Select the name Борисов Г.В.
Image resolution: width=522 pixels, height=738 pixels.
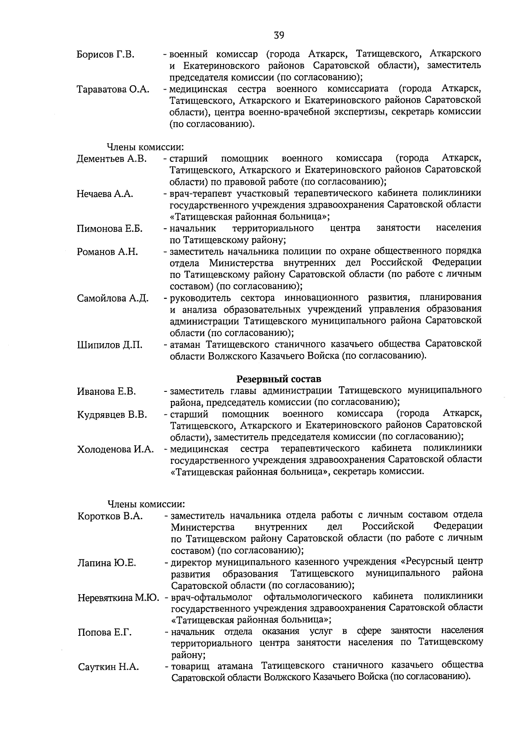pyautogui.click(x=105, y=55)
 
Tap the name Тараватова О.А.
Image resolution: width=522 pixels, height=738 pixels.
pyautogui.click(x=113, y=90)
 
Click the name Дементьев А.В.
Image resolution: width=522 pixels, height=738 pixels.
pyautogui.click(x=112, y=159)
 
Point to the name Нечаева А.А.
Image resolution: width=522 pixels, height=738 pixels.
pyautogui.click(x=105, y=194)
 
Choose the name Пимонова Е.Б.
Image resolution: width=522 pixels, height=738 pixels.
pyautogui.click(x=110, y=229)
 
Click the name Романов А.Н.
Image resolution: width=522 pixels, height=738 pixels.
pyautogui.click(x=107, y=252)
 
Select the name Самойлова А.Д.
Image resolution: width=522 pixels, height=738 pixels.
pyautogui.click(x=113, y=298)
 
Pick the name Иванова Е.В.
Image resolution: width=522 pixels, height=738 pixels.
pyautogui.click(x=107, y=391)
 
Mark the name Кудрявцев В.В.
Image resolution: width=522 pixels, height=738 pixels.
pyautogui.click(x=112, y=414)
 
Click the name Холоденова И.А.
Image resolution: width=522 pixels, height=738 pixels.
pyautogui.click(x=116, y=449)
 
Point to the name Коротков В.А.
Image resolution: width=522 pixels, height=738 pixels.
pyautogui.click(x=110, y=516)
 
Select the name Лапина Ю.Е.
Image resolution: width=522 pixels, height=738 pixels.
pyautogui.click(x=107, y=563)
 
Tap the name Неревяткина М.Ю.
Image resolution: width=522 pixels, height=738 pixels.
pyautogui.click(x=118, y=598)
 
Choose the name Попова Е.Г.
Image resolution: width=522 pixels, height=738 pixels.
pyautogui.click(x=104, y=632)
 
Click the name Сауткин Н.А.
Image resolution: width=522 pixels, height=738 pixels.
pyautogui.click(x=108, y=667)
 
